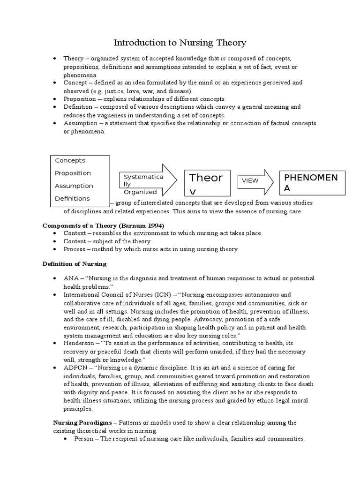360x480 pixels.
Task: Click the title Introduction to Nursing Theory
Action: coord(180,43)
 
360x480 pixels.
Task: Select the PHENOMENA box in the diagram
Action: coord(313,182)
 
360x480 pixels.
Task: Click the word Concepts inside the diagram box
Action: coord(70,160)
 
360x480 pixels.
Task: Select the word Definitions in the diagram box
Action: coord(72,198)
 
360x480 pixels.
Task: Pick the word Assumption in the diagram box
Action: coord(74,186)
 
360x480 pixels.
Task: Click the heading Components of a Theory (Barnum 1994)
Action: coord(104,225)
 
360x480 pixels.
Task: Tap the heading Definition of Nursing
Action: coord(75,264)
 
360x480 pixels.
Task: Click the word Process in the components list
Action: coord(75,249)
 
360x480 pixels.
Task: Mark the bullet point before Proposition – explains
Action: coord(55,99)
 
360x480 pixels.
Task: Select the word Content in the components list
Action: coord(75,241)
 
